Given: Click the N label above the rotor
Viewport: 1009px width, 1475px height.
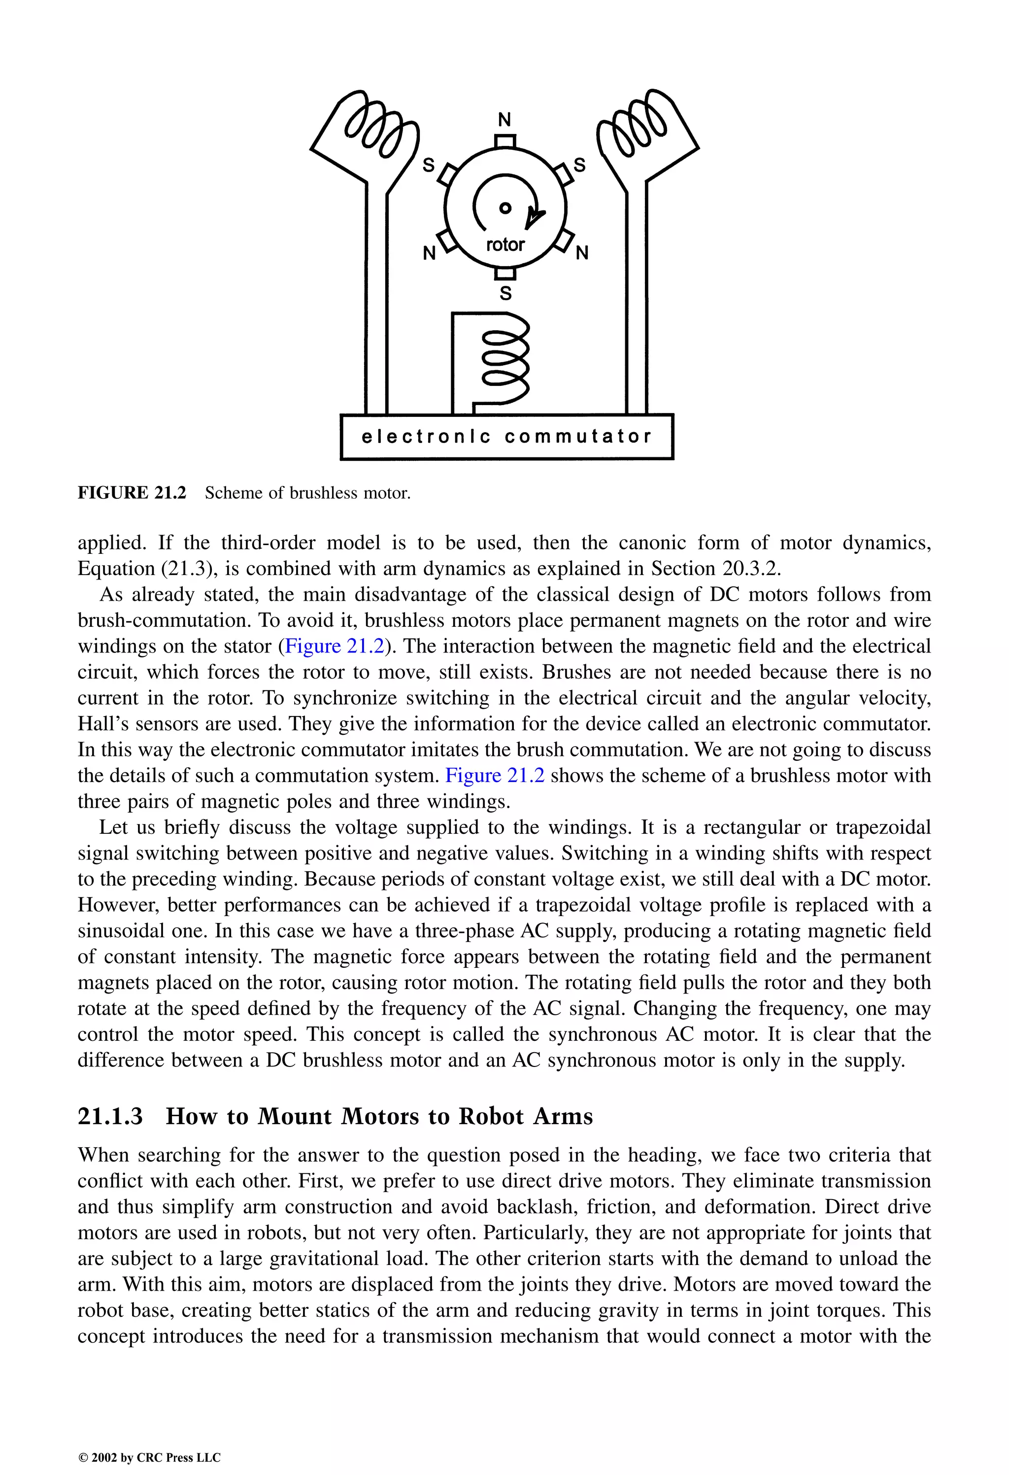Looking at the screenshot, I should pyautogui.click(x=504, y=119).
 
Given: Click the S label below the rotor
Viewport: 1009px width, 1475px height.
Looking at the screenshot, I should pyautogui.click(x=506, y=293).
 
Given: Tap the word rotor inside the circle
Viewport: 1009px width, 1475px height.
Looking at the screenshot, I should pyautogui.click(x=505, y=244).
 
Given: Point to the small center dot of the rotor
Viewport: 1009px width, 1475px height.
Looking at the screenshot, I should pyautogui.click(x=505, y=207).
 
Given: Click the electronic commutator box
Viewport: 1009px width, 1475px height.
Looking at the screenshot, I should pyautogui.click(x=506, y=437).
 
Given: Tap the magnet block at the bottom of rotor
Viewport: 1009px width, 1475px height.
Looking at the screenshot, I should pyautogui.click(x=505, y=274).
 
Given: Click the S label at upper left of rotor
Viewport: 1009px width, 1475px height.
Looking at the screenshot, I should pyautogui.click(x=429, y=166).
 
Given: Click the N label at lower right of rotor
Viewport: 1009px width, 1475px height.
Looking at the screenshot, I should pyautogui.click(x=582, y=253).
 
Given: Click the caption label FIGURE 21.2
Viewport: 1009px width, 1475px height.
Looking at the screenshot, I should pyautogui.click(x=132, y=493).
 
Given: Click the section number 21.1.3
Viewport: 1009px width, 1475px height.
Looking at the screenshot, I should pyautogui.click(x=110, y=1116).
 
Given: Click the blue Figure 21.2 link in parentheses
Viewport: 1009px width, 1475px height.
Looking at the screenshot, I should pyautogui.click(x=335, y=646).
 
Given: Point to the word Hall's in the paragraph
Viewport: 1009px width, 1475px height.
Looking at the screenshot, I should pyautogui.click(x=102, y=723).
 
